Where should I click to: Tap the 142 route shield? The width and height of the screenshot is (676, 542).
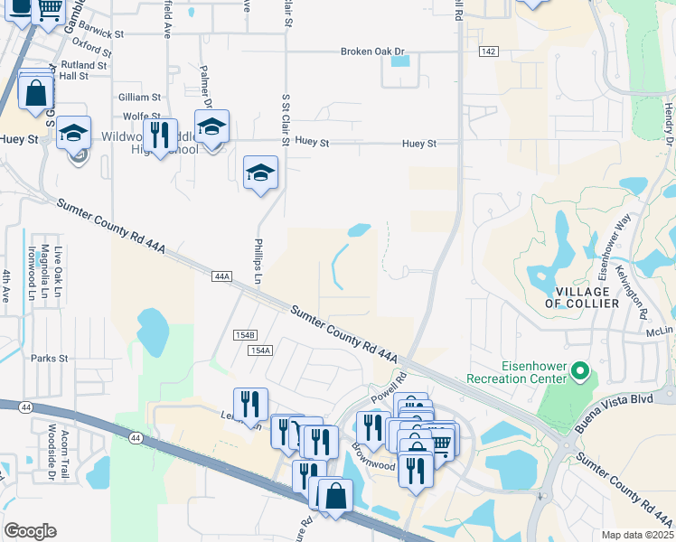coord(488,52)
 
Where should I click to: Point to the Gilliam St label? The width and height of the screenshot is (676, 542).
coord(139,97)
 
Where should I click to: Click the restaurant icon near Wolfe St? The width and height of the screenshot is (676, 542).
coord(160,135)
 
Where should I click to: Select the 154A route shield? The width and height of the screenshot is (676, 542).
coord(259,350)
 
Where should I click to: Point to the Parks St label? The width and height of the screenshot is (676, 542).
coord(50,359)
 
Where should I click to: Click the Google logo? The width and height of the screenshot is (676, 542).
coord(30,531)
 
